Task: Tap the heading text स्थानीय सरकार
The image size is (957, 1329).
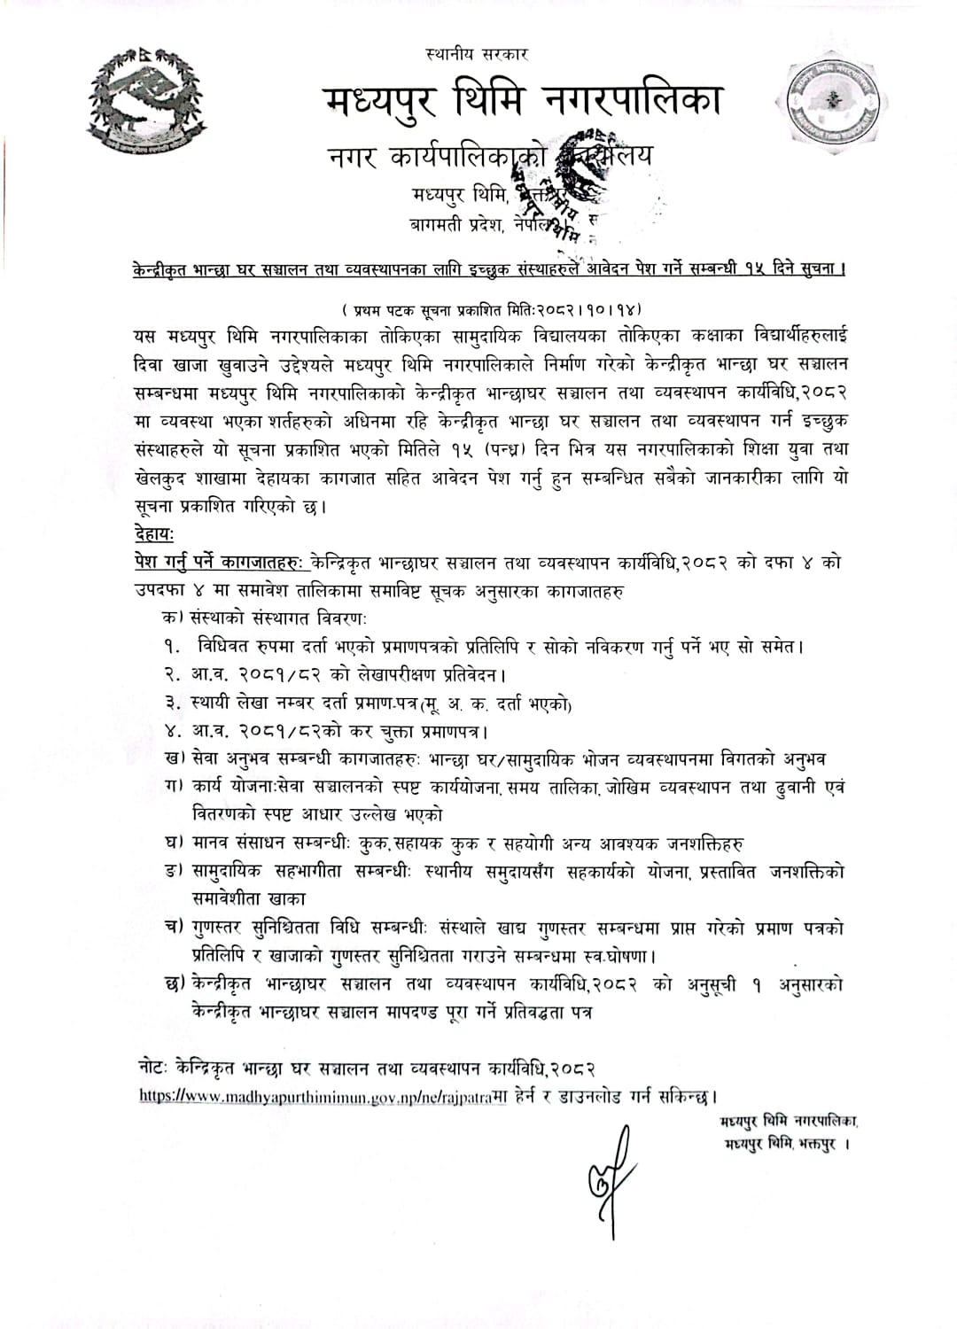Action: pyautogui.click(x=477, y=54)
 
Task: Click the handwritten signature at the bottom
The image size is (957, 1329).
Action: pyautogui.click(x=610, y=1174)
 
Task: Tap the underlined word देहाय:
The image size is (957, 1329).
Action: pyautogui.click(x=155, y=534)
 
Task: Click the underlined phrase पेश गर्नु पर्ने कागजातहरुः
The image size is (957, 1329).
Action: pyautogui.click(x=217, y=563)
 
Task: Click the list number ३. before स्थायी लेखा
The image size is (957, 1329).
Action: pyautogui.click(x=172, y=703)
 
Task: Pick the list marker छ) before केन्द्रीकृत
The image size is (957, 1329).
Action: pyautogui.click(x=175, y=983)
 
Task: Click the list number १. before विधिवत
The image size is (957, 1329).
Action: pyautogui.click(x=172, y=647)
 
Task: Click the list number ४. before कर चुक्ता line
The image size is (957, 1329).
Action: pyautogui.click(x=172, y=732)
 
